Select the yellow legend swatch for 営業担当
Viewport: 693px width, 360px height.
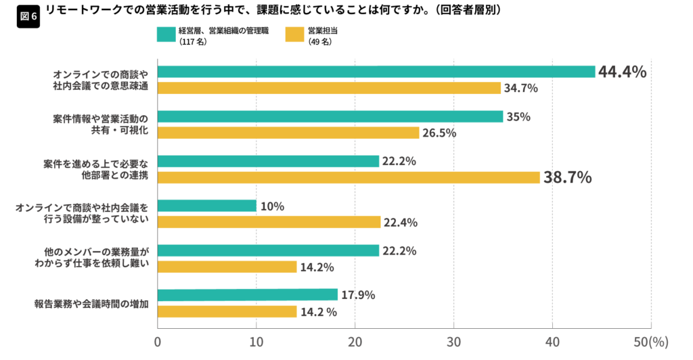pyautogui.click(x=294, y=35)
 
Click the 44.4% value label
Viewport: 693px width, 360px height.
pyautogui.click(x=622, y=72)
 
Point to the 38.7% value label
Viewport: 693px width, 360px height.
pyautogui.click(x=567, y=178)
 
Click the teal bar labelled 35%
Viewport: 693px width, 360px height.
pyautogui.click(x=330, y=116)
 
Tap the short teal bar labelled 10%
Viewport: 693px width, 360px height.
pyautogui.click(x=207, y=206)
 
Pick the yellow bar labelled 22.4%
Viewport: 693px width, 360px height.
pyautogui.click(x=269, y=222)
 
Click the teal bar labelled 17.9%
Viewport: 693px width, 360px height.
pyautogui.click(x=247, y=294)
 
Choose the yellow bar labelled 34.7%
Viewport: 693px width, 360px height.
pyautogui.click(x=329, y=88)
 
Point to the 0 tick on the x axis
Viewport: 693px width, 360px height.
pyautogui.click(x=158, y=343)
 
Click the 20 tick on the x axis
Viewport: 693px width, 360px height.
pyautogui.click(x=355, y=343)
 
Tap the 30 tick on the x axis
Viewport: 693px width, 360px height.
pyautogui.click(x=453, y=343)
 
